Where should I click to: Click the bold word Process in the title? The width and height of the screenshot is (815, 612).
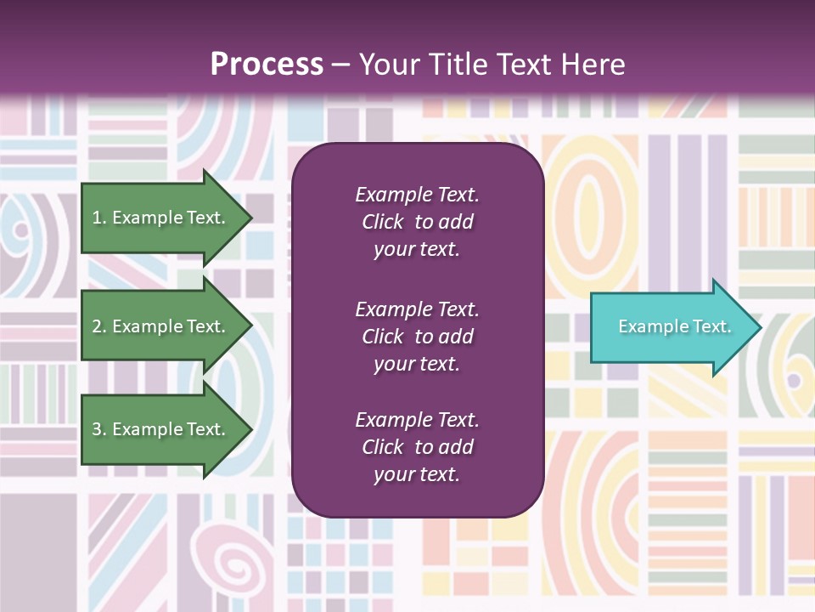[x=267, y=64]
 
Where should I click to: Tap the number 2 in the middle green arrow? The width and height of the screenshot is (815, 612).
[x=97, y=326]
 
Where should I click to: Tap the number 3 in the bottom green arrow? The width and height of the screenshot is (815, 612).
[x=97, y=429]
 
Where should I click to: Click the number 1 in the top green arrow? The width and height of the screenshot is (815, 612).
[x=97, y=218]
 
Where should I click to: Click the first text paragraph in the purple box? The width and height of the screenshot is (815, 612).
[x=417, y=222]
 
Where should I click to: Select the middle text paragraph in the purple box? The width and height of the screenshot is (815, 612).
[x=417, y=337]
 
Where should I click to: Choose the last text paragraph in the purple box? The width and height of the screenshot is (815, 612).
[x=417, y=447]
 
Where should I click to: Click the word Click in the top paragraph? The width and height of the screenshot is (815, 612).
[x=382, y=222]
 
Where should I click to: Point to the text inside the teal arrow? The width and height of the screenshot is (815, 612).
[x=674, y=326]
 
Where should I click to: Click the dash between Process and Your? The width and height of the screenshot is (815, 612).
[x=340, y=65]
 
